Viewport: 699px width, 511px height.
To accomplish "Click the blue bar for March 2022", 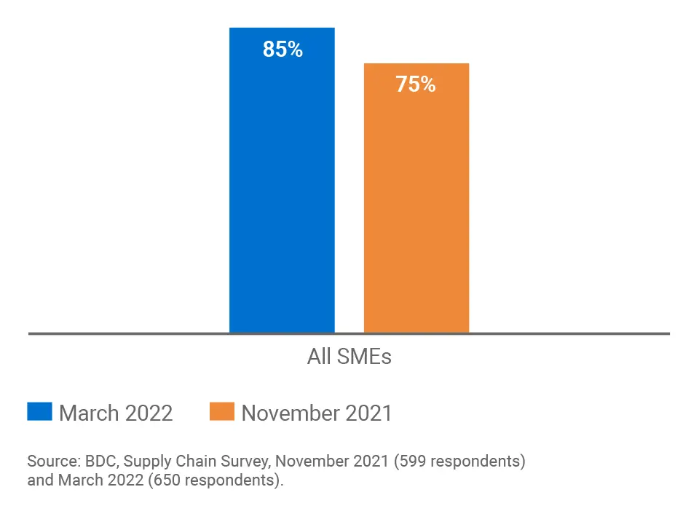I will coord(282,189).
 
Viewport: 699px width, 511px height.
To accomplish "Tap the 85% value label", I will coord(283,49).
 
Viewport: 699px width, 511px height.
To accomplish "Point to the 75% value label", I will coord(416,84).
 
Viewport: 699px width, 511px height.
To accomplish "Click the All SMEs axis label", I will coord(349,357).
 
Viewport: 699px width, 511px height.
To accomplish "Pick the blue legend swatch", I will coord(39,411).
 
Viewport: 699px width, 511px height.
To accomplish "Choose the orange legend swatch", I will coord(221,411).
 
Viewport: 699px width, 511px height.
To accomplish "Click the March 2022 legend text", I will coord(116,413).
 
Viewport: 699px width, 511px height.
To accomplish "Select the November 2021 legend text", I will coord(317,413).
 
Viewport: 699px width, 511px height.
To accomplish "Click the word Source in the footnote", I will coord(52,461).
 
